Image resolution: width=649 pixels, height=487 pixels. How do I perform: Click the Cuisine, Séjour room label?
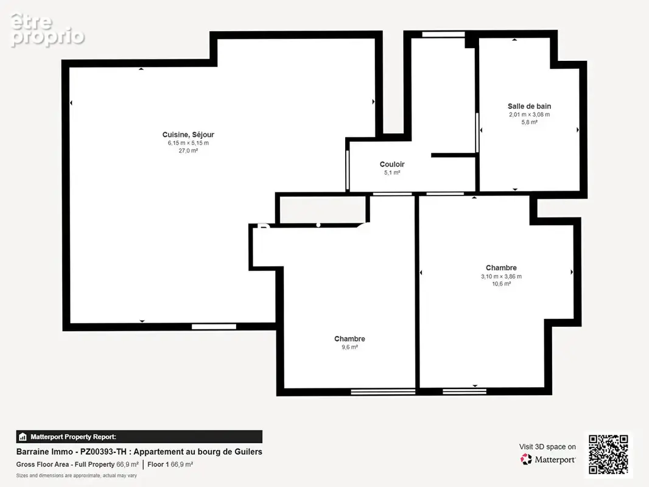(x=188, y=135)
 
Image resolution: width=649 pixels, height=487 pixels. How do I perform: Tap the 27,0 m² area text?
(x=188, y=150)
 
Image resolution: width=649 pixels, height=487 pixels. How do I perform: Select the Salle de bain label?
(x=530, y=107)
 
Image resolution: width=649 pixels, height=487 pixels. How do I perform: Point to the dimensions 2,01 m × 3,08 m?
(x=530, y=114)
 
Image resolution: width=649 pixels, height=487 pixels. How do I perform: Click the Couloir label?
(x=392, y=164)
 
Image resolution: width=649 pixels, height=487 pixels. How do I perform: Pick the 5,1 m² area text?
(x=392, y=172)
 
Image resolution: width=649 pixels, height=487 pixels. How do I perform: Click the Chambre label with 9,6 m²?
(x=349, y=338)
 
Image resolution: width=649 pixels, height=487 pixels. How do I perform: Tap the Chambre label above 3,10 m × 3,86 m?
(x=501, y=268)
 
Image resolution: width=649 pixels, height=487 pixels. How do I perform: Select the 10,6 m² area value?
(x=501, y=284)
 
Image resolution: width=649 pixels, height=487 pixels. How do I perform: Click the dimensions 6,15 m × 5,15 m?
(x=188, y=142)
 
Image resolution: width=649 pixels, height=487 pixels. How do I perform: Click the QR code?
(x=608, y=454)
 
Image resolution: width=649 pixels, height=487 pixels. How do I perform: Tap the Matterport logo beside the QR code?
(x=547, y=459)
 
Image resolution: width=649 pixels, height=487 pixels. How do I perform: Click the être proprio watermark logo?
(x=47, y=30)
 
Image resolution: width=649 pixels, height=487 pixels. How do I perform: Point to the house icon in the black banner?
(x=23, y=436)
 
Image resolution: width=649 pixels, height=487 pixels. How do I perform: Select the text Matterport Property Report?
(x=73, y=436)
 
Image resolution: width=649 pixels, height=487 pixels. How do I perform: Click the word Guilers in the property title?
(x=248, y=452)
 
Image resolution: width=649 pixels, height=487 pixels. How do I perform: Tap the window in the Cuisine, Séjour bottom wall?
(x=214, y=326)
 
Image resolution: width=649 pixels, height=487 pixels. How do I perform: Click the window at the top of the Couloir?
(x=443, y=35)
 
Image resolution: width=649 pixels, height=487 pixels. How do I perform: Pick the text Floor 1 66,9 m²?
(x=170, y=464)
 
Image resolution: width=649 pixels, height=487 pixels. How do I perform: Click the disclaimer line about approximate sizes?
(x=77, y=475)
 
